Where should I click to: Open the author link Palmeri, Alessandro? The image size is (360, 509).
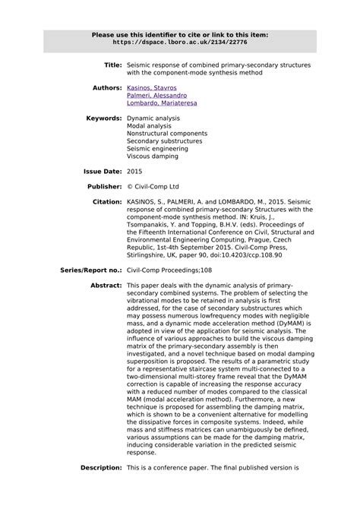(x=156, y=96)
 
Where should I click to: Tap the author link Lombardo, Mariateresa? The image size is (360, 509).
(x=162, y=103)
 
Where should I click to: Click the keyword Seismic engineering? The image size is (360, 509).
(x=158, y=149)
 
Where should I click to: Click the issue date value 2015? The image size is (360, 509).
(x=134, y=172)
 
